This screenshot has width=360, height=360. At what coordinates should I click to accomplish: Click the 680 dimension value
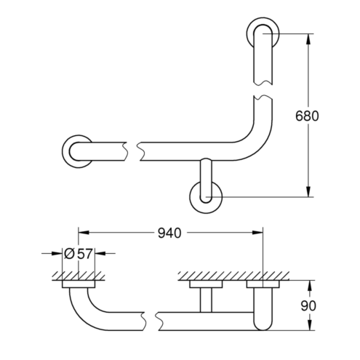point(307,116)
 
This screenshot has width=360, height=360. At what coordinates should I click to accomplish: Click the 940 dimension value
point(169,233)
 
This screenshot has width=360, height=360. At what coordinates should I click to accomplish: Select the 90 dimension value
point(308,305)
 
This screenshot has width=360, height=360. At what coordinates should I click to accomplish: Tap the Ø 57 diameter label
point(79,254)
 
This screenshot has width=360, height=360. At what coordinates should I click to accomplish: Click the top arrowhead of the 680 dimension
point(308,39)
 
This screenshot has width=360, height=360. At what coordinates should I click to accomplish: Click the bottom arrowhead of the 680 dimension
point(308,191)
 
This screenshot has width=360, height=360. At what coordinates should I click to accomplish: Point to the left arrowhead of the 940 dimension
point(84,233)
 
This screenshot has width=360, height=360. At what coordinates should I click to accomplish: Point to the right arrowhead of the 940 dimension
point(257,233)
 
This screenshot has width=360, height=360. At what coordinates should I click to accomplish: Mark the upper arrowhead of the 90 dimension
point(309,286)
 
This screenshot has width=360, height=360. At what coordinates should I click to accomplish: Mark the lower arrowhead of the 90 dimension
point(309,324)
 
